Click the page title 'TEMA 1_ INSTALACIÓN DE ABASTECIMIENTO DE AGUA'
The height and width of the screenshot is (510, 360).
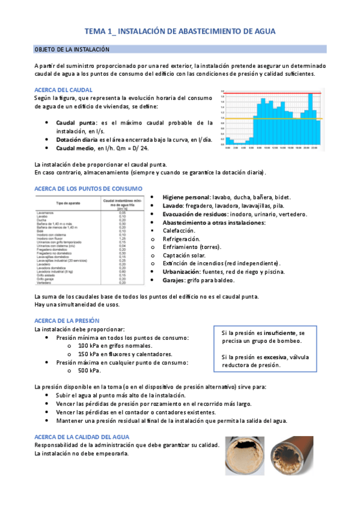pos(180,31)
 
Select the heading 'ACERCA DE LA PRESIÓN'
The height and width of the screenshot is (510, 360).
pos(67,321)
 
